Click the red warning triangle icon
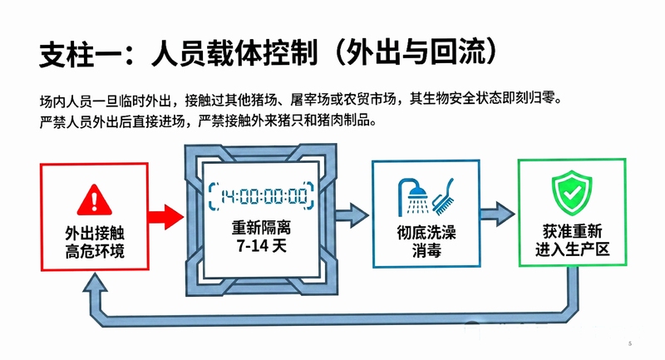click(x=95, y=200)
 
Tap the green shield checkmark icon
click(x=572, y=193)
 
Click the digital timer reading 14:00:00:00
click(x=262, y=196)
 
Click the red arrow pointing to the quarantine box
click(x=165, y=218)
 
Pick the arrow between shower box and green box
click(x=497, y=215)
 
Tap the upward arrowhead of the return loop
click(x=95, y=282)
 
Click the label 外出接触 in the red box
click(x=95, y=234)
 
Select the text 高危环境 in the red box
click(x=95, y=251)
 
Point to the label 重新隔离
click(x=261, y=228)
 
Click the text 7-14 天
click(x=262, y=246)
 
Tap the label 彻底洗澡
click(x=426, y=232)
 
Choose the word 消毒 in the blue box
click(x=426, y=250)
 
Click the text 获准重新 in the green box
click(x=572, y=231)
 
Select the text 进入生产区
click(x=572, y=249)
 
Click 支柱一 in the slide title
click(x=67, y=54)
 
